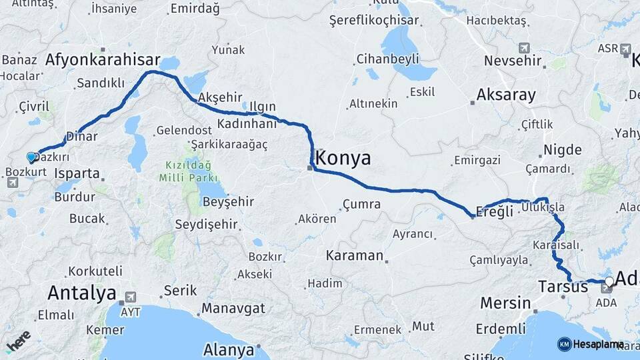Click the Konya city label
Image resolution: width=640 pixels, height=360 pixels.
(x=343, y=158)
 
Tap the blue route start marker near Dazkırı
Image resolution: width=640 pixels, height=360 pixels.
(x=31, y=157)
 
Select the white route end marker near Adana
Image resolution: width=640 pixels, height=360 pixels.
(x=609, y=281)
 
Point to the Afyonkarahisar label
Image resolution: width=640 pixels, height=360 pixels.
(x=103, y=60)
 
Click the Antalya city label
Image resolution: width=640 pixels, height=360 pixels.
(x=81, y=293)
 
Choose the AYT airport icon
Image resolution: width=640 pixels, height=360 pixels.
(x=130, y=297)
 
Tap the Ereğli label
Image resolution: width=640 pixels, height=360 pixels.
(x=496, y=211)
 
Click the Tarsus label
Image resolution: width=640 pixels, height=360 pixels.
(x=563, y=287)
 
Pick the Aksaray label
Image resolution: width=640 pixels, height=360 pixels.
(x=506, y=95)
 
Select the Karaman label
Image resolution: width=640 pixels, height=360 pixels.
(x=355, y=255)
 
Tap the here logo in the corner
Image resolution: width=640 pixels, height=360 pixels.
(x=17, y=341)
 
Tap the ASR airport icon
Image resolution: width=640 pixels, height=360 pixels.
(x=625, y=49)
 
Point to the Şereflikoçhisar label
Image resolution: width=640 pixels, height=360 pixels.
(x=374, y=21)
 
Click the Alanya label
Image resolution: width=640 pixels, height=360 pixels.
(x=229, y=349)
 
